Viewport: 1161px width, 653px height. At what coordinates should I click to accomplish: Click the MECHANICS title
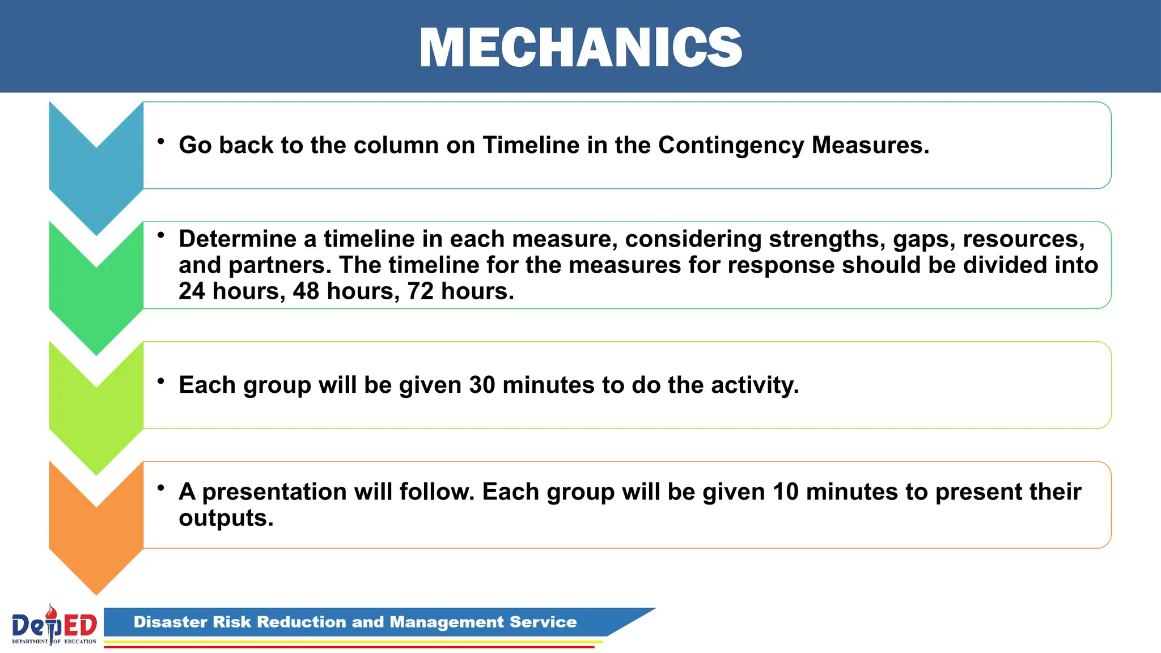580,48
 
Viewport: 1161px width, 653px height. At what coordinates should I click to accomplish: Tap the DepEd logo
54,625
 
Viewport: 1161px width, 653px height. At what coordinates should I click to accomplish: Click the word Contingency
731,146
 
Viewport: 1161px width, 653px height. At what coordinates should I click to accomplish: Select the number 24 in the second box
192,291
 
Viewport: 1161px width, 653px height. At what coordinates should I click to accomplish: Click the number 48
306,291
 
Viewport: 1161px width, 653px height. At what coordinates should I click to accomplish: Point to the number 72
420,291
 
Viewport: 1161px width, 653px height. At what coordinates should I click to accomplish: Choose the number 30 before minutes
482,385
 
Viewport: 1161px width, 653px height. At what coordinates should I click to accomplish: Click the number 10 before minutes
785,492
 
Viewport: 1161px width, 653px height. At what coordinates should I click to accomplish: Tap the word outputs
226,519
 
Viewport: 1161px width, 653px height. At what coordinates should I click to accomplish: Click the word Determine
238,239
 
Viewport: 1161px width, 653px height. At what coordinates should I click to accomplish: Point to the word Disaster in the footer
170,622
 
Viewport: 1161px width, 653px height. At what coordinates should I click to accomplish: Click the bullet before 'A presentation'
162,487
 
